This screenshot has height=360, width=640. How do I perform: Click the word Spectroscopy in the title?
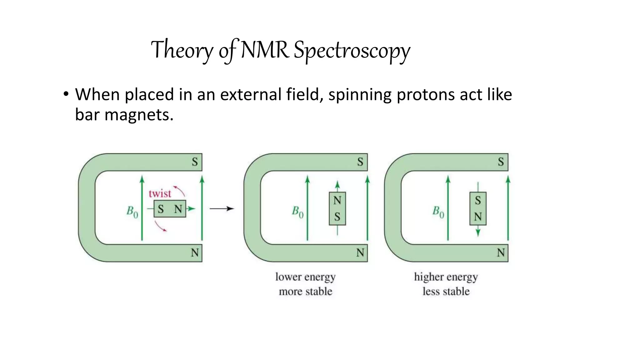click(x=352, y=51)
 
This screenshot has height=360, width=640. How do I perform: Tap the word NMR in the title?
click(x=265, y=50)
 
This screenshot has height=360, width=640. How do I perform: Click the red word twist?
click(x=160, y=194)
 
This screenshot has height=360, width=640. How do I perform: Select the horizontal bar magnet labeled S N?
click(x=170, y=209)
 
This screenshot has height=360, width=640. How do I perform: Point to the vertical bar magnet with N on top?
click(x=337, y=208)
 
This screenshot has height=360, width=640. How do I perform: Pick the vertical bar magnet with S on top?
click(x=478, y=208)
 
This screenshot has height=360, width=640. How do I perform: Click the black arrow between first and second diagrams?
click(x=222, y=208)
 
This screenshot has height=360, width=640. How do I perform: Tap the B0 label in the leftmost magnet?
click(x=132, y=212)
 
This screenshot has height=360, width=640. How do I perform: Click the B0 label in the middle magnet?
click(x=297, y=212)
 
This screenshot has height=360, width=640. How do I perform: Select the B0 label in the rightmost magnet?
click(x=438, y=212)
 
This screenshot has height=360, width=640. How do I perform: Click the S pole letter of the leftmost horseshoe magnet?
click(x=195, y=162)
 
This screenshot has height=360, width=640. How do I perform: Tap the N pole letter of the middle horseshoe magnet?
click(x=360, y=252)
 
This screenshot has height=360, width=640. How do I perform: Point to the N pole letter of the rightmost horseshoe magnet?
click(x=501, y=252)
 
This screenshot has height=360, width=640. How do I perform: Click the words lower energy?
click(x=305, y=277)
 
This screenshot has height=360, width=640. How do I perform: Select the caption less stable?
click(x=446, y=291)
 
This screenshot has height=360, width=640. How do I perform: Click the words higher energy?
click(x=446, y=277)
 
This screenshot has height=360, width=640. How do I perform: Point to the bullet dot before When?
click(x=66, y=94)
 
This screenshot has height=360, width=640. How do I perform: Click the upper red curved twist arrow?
click(x=180, y=190)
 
